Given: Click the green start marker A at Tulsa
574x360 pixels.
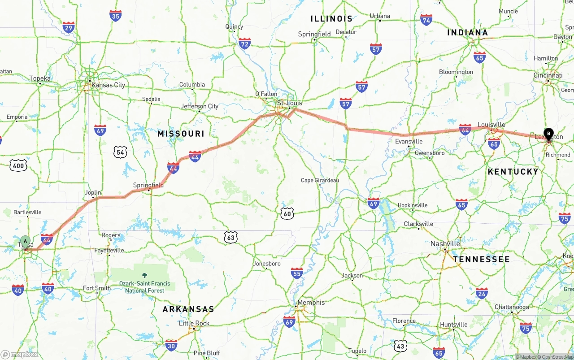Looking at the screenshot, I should point(26,241).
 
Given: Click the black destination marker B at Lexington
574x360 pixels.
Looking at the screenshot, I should point(548,133).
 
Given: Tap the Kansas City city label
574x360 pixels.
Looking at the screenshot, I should point(108,85).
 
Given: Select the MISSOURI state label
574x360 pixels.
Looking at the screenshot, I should point(181,134).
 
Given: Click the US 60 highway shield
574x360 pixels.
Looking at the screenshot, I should point(287,213).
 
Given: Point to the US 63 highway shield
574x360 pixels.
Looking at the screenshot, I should point(230,237).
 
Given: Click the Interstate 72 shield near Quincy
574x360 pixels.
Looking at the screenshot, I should point(244,43).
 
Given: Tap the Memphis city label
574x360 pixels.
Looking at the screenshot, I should point(311,303).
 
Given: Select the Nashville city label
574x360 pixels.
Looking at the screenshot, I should point(445,243).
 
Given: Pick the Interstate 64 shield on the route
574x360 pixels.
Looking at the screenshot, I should point(465,129).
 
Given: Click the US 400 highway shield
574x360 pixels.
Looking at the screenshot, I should point(18,165).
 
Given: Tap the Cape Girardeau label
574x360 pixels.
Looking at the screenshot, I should point(320,180).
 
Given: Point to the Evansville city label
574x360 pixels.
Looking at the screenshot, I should point(409,141).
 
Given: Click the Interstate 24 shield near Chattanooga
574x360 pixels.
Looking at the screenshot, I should point(482,293).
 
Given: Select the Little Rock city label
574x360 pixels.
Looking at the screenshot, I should point(194,323).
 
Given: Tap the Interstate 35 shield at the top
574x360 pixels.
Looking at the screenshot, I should point(115,16).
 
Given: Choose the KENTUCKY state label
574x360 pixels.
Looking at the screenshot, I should point(513,172).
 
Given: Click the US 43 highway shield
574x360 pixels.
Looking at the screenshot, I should point(401,345).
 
